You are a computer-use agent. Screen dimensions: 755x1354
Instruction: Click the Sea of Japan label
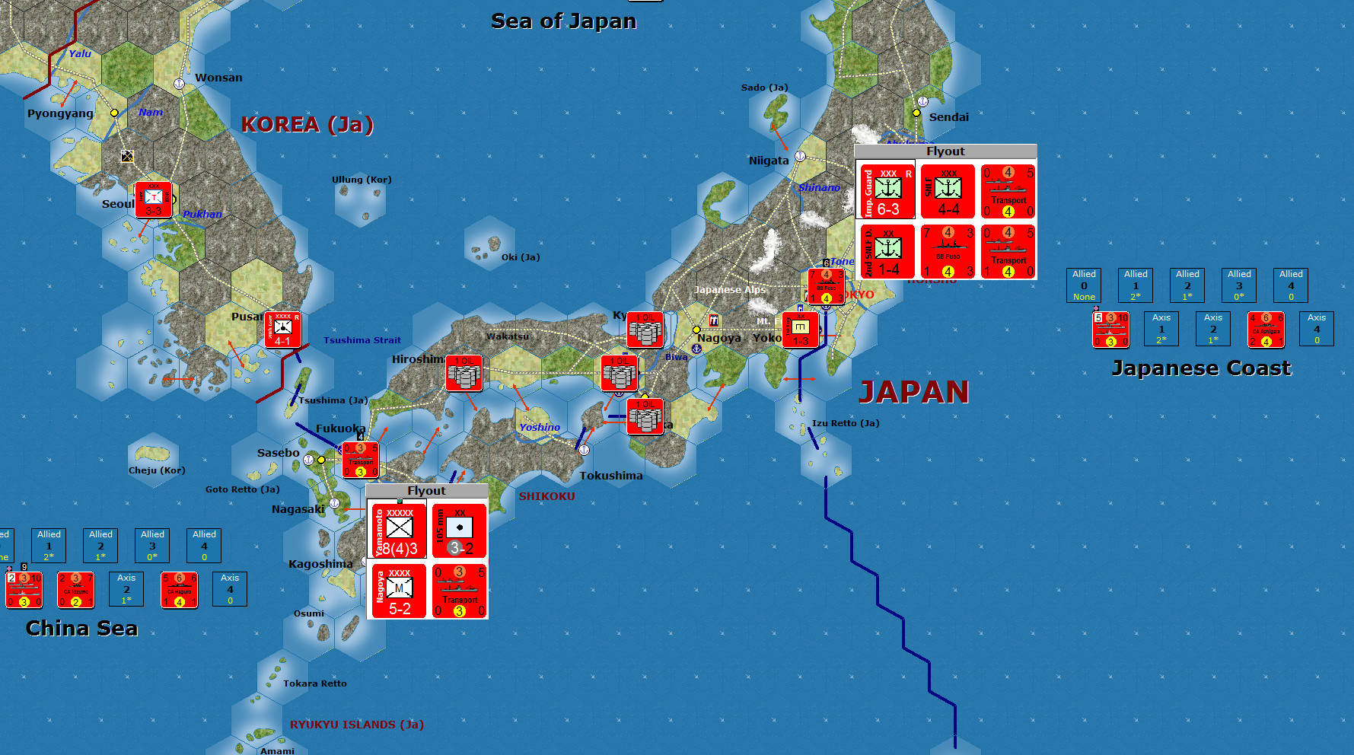tap(563, 21)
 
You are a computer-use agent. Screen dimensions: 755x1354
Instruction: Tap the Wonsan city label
tap(218, 78)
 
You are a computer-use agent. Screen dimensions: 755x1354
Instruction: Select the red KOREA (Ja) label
tap(307, 124)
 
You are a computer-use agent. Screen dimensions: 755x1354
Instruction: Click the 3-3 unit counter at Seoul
tap(153, 200)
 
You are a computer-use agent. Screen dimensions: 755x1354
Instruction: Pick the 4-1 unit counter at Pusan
tap(283, 330)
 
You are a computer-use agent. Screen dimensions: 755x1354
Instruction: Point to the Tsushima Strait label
tap(362, 340)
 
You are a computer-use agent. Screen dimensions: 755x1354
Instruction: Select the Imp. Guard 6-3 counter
tap(887, 192)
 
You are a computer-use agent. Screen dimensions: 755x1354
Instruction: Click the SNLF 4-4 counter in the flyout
tap(947, 192)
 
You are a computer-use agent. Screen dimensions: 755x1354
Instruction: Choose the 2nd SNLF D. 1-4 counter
tap(887, 252)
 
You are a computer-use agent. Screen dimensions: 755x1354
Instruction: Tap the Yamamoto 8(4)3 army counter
tap(398, 530)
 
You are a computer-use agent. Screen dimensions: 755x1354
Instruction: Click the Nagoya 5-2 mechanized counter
tap(398, 591)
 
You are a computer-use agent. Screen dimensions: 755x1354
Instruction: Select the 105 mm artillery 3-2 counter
tap(459, 530)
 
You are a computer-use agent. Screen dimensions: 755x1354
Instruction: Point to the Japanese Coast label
tap(1201, 368)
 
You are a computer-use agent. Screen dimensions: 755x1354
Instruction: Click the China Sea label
tap(81, 629)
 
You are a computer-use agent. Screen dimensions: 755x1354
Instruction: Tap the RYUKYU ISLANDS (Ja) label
tap(356, 725)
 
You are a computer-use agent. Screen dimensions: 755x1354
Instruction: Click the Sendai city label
tap(948, 117)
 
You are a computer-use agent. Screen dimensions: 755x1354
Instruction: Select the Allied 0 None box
tap(1084, 285)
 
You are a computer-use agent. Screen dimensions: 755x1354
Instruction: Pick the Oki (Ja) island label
tap(521, 257)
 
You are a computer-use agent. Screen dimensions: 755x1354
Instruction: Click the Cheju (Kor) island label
tap(157, 470)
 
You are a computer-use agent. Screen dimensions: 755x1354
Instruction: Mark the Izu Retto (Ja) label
tap(845, 423)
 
